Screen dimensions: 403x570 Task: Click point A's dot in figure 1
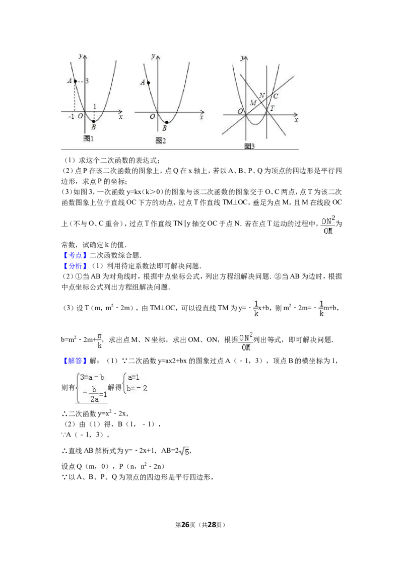tap(75, 81)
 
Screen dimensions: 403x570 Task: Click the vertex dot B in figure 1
tap(93, 121)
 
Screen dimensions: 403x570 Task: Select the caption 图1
tap(89, 138)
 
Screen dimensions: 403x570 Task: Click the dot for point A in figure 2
tap(149, 83)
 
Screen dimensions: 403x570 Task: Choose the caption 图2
tap(161, 140)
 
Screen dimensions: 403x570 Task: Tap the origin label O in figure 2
tap(152, 117)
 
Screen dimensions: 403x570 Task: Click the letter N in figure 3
tap(262, 96)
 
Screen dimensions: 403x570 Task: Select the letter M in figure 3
tap(253, 103)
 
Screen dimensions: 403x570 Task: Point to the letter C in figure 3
tap(276, 96)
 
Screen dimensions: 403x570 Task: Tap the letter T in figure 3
tap(273, 108)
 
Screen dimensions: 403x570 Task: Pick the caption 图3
tap(249, 146)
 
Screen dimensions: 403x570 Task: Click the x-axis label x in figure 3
tap(296, 120)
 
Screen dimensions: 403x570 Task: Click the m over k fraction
tap(99, 340)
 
